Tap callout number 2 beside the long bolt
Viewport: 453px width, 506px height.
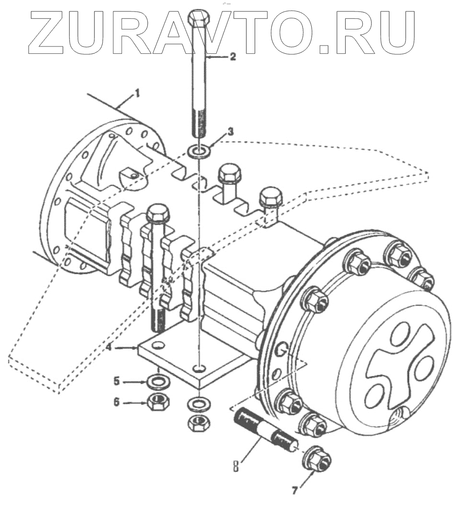click(x=233, y=57)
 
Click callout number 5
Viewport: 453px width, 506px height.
click(x=117, y=381)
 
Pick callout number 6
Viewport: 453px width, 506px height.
click(x=117, y=402)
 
